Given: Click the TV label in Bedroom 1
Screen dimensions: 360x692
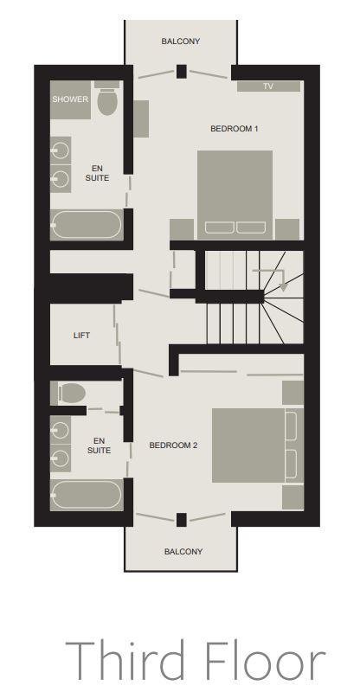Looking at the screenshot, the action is [x=268, y=86].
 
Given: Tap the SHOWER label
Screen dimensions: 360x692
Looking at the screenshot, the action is [x=70, y=99].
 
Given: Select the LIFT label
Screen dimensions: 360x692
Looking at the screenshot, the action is [x=81, y=336].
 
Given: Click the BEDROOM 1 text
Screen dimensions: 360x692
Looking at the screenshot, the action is [x=235, y=129].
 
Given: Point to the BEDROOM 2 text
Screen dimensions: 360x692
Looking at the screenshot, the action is [x=173, y=445].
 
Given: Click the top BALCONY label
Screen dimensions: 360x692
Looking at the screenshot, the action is [x=181, y=42].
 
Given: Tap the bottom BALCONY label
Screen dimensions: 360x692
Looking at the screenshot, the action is [x=183, y=552].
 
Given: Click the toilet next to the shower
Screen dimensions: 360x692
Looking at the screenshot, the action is [x=107, y=99].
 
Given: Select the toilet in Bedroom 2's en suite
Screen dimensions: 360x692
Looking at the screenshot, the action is [x=69, y=393].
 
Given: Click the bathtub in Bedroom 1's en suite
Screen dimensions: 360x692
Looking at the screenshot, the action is [x=87, y=225].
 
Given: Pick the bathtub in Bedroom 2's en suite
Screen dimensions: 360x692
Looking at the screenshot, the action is [x=87, y=495].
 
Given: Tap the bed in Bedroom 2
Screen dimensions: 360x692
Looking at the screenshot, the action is [x=258, y=445].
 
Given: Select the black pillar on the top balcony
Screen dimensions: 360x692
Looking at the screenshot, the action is [x=181, y=72].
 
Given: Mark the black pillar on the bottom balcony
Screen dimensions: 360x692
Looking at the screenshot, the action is [x=181, y=520].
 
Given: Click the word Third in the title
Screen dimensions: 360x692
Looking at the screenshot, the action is [x=125, y=660].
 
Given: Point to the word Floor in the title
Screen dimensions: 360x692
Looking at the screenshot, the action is [x=266, y=660].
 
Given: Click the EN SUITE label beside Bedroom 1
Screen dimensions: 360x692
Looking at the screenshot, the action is [x=97, y=173].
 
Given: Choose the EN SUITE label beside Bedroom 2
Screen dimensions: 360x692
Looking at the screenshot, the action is [x=99, y=445].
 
